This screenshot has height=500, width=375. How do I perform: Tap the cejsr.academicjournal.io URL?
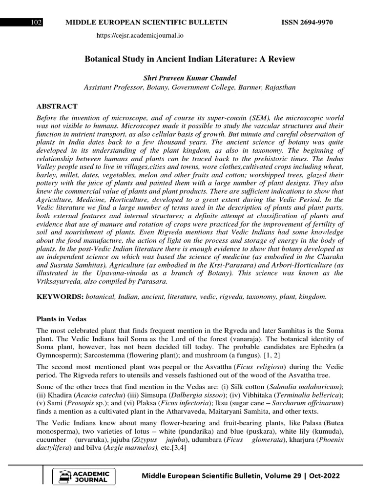pos(140,36)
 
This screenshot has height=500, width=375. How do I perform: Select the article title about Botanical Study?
pos(190,59)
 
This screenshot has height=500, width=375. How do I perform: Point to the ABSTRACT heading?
pos(57,106)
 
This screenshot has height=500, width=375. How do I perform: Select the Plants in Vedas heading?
pos(62,319)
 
